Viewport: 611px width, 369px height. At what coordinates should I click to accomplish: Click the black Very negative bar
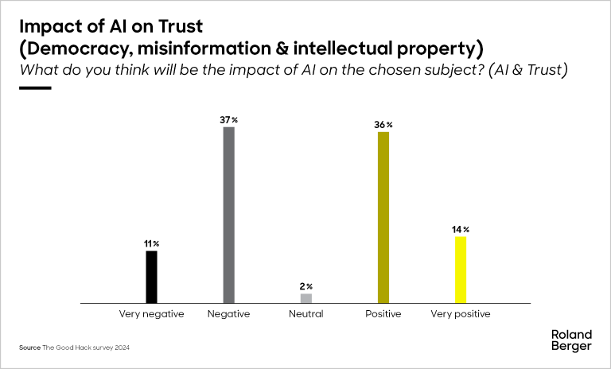pyautogui.click(x=151, y=277)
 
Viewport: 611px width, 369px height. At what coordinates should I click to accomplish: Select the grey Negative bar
pyautogui.click(x=228, y=215)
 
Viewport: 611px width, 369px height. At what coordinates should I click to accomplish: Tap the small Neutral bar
pyautogui.click(x=306, y=298)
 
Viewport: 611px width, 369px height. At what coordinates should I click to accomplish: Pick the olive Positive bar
pyautogui.click(x=383, y=217)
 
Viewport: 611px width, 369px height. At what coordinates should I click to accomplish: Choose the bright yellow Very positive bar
pyautogui.click(x=460, y=270)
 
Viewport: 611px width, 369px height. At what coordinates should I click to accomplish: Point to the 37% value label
pyautogui.click(x=229, y=119)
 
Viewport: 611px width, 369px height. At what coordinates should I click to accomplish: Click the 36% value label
pyautogui.click(x=384, y=125)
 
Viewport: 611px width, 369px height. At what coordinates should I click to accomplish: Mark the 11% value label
pyautogui.click(x=151, y=243)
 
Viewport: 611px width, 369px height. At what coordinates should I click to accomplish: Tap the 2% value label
pyautogui.click(x=306, y=286)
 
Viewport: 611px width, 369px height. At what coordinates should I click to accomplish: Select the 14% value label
pyautogui.click(x=461, y=230)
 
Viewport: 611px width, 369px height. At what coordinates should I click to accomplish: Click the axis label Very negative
pyautogui.click(x=151, y=314)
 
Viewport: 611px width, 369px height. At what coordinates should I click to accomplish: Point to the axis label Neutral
pyautogui.click(x=306, y=314)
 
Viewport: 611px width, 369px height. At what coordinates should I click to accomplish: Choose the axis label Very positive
pyautogui.click(x=461, y=314)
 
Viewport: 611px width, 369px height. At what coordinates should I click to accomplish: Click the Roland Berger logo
pyautogui.click(x=571, y=340)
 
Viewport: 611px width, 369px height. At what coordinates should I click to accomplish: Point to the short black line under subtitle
pyautogui.click(x=35, y=87)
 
